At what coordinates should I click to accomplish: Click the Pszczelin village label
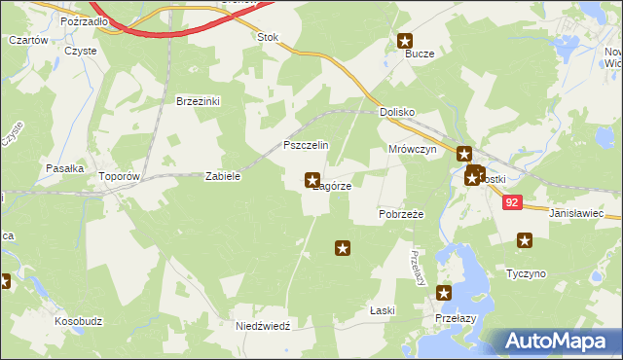[306, 145]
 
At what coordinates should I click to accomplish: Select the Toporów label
[121, 178]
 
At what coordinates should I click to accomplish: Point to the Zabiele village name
[222, 177]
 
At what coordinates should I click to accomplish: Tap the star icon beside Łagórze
[312, 179]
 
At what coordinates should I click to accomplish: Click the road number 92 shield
[514, 202]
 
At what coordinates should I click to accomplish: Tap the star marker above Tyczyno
[526, 240]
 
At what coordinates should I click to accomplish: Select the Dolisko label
[398, 113]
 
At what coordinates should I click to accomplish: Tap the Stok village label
[267, 38]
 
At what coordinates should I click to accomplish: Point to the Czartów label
[28, 40]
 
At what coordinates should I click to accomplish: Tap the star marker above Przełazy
[445, 293]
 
